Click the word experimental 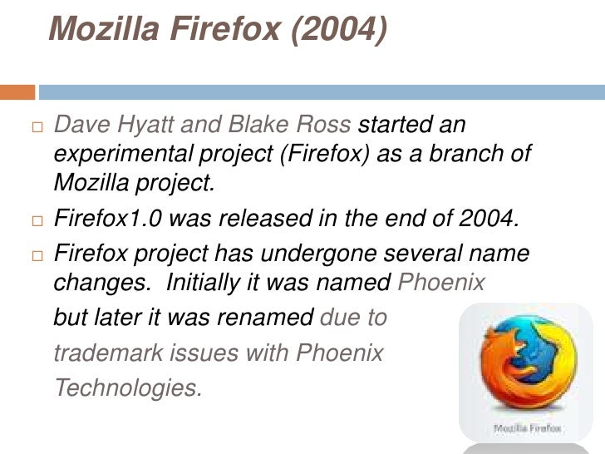(125, 157)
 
